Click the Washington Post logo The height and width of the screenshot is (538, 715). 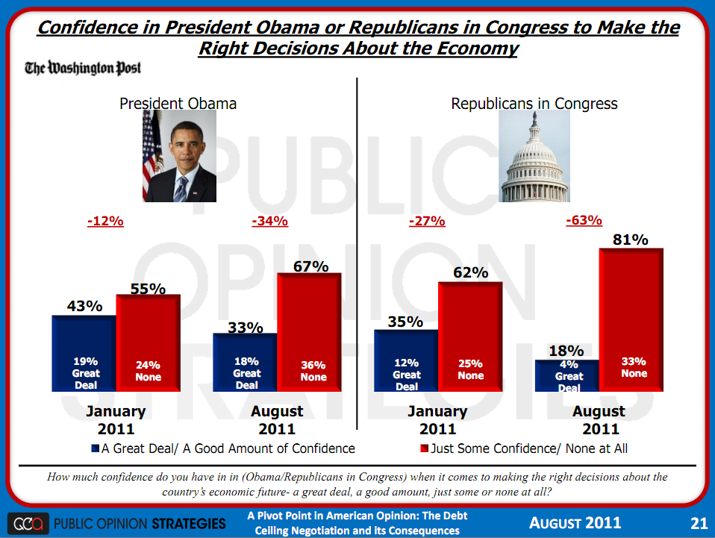[x=83, y=69]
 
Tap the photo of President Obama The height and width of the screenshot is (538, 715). [x=179, y=157]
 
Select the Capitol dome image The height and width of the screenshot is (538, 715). [x=535, y=157]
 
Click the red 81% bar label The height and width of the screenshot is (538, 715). [x=631, y=239]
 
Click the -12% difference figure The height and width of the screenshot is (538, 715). [x=105, y=221]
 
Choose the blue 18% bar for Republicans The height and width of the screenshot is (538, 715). [x=567, y=375]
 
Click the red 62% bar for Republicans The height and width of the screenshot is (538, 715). [x=470, y=336]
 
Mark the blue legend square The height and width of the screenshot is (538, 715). [x=95, y=448]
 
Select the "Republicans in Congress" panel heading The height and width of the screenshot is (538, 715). [x=534, y=104]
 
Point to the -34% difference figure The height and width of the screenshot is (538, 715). [x=270, y=221]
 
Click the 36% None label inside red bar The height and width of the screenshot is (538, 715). [x=313, y=371]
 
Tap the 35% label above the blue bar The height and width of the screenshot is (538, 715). [x=405, y=322]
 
